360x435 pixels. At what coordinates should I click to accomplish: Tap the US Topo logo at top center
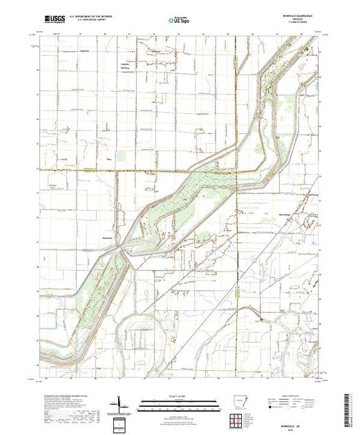point(179,21)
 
